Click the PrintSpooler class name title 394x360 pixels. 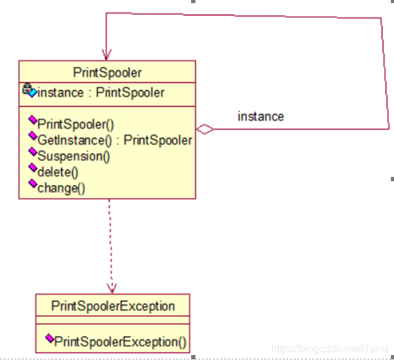pos(107,73)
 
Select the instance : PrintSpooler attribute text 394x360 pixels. pos(101,92)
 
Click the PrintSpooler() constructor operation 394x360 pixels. pos(76,124)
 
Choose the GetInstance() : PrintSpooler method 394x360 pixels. pos(115,140)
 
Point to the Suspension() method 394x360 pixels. pos(74,155)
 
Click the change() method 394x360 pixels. pos(61,187)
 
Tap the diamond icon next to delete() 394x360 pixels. pos(32,169)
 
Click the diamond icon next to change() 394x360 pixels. pos(32,184)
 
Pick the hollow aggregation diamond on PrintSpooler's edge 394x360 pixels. pos(205,129)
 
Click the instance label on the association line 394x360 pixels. pos(261,116)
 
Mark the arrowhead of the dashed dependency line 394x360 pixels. pos(111,288)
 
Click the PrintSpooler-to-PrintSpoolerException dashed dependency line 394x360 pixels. pos(110,242)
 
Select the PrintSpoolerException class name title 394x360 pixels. pos(113,306)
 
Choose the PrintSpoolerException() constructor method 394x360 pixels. pos(120,341)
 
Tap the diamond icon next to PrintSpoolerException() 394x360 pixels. pos(49,339)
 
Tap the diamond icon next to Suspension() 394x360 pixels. pos(32,153)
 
